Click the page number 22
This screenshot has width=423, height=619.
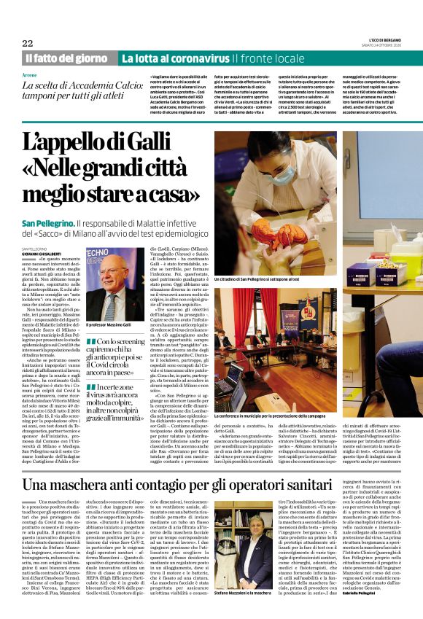[28, 43]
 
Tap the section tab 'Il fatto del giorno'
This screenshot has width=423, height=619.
[67, 58]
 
